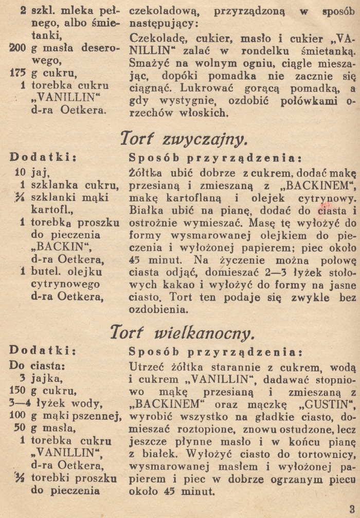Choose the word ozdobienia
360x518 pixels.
coord(157,309)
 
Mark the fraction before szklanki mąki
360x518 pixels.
coord(21,197)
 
